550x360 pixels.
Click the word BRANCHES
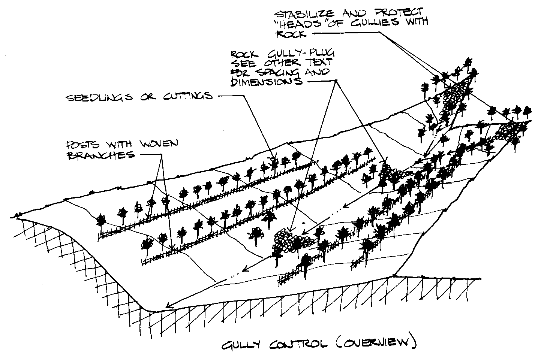(x=101, y=155)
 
